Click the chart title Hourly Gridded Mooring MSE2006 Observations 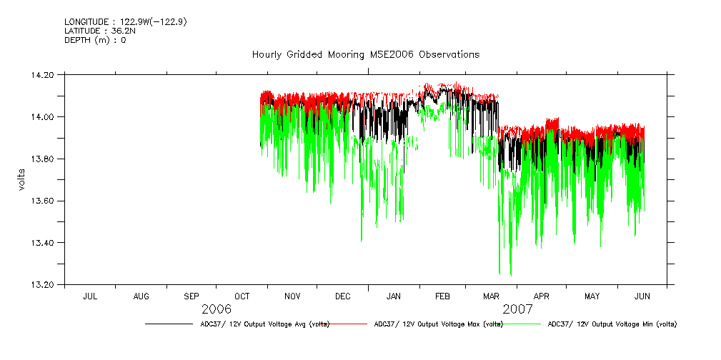[365, 55]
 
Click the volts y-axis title [22, 179]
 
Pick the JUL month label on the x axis [91, 296]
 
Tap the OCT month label [242, 296]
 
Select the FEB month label [442, 296]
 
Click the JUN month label [642, 296]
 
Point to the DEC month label [342, 296]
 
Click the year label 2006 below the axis [217, 309]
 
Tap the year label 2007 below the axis [517, 309]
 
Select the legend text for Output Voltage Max [438, 324]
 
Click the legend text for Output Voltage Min [612, 324]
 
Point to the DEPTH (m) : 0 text [95, 40]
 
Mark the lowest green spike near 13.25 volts [510, 274]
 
